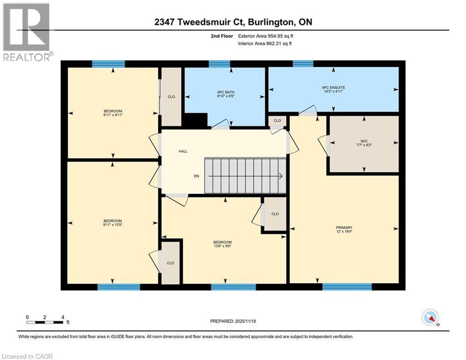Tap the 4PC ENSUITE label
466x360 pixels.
[x=333, y=88]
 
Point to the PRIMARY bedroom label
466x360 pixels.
[x=344, y=227]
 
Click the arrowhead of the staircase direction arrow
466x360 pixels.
[x=281, y=176]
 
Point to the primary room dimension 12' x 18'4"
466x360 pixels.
[x=344, y=232]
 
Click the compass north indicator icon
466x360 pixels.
[x=429, y=317]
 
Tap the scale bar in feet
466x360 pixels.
[x=45, y=322]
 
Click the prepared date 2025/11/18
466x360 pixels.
[x=233, y=321]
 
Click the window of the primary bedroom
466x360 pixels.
[x=347, y=287]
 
